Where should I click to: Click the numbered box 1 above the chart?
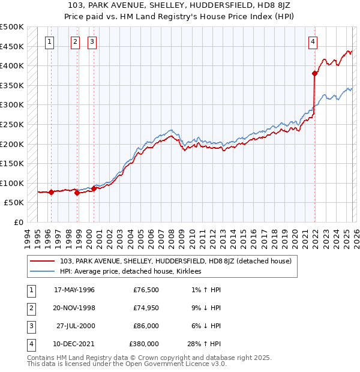coord(49,41)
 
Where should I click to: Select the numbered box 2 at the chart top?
coord(75,41)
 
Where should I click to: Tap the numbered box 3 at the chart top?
coord(92,41)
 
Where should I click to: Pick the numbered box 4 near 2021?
coord(313,41)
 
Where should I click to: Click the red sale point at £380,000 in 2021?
coord(314,74)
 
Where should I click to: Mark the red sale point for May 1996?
coord(52,192)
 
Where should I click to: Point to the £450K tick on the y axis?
coord(12,46)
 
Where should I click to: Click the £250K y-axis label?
coord(12,124)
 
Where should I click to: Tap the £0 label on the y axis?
coord(18,222)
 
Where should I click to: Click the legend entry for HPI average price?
coord(130,271)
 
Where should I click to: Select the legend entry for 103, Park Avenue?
coord(175,261)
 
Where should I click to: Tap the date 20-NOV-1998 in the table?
coord(74,308)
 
